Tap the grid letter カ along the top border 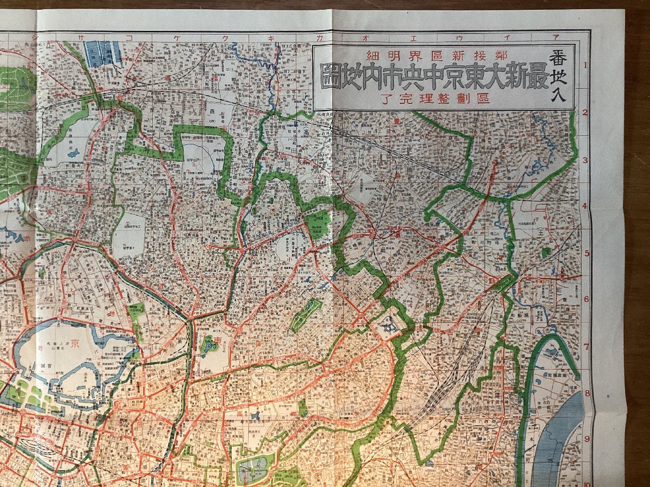coord(330,38)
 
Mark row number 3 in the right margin coord(586,160)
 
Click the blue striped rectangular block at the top coord(102,54)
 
